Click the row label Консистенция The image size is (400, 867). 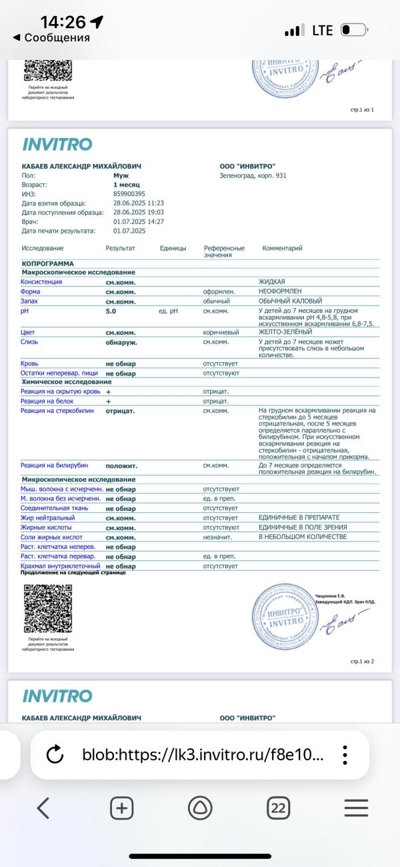(x=41, y=282)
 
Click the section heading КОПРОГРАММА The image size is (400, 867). (x=48, y=263)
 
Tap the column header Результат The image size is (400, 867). (x=120, y=248)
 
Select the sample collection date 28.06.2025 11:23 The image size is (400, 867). (x=139, y=203)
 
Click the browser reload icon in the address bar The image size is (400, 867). (x=55, y=755)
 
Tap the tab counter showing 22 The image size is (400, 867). (x=278, y=808)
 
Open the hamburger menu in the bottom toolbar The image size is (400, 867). (x=356, y=808)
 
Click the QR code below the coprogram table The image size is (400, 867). (x=47, y=608)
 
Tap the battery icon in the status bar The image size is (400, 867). (x=353, y=31)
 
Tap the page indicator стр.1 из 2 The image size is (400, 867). (x=362, y=662)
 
